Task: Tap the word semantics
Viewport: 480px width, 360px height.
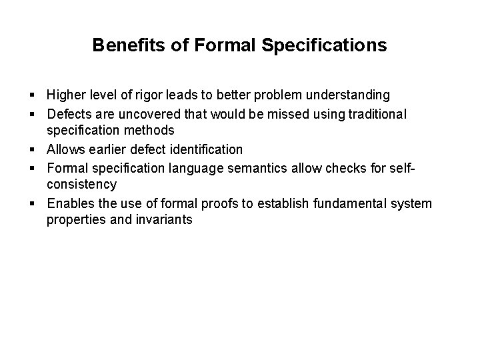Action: (262, 167)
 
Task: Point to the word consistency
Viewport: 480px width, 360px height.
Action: (81, 184)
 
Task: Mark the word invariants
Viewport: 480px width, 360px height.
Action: (167, 219)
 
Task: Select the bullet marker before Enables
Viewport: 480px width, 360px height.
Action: (32, 203)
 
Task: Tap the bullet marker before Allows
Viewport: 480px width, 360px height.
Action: (32, 149)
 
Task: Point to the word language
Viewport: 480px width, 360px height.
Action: (209, 167)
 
